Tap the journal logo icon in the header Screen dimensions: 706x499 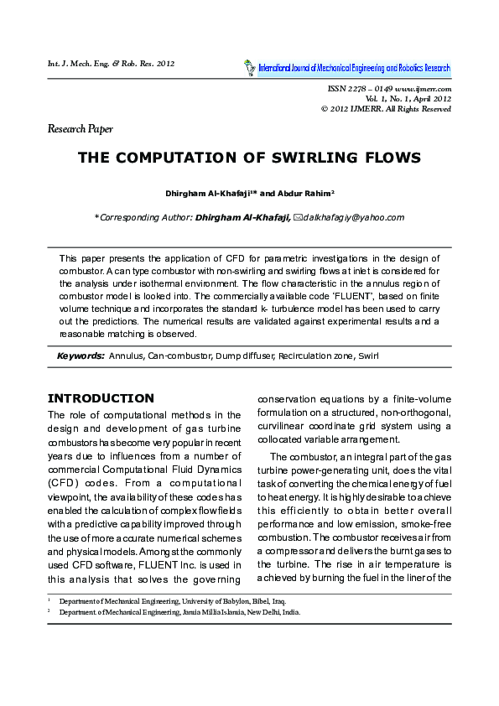[248, 67]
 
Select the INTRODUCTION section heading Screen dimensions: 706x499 [101, 398]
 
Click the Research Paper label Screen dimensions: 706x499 [80, 129]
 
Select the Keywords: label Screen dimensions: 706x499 [81, 356]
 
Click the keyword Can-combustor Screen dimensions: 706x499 [177, 356]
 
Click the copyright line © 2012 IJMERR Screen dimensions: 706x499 [386, 109]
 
